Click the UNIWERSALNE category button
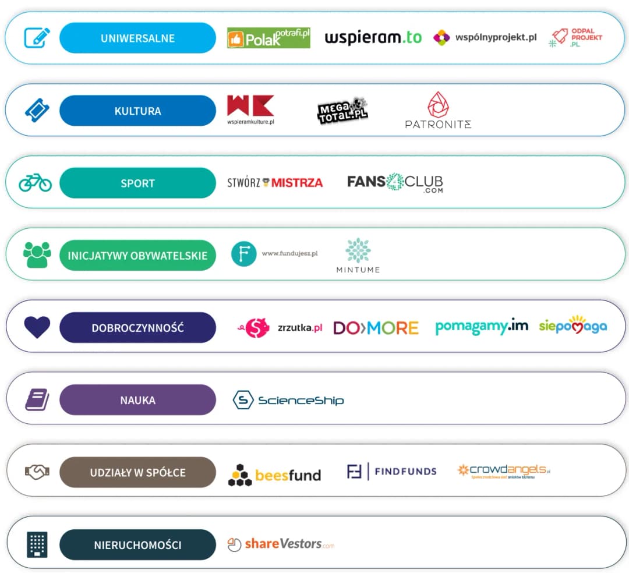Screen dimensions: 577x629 137,38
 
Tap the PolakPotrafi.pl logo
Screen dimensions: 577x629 268,38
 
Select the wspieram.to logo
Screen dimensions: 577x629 373,38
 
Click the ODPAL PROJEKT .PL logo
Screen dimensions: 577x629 577,38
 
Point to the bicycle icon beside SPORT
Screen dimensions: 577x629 36,182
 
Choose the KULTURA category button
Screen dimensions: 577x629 137,111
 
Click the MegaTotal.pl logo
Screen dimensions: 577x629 342,110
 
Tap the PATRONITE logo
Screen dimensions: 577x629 438,110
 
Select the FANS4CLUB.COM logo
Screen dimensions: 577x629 395,183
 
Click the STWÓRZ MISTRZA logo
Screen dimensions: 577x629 275,183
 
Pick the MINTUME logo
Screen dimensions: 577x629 358,255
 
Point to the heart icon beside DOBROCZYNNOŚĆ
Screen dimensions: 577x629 37,327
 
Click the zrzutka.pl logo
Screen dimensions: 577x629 280,328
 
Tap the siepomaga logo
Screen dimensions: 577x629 573,326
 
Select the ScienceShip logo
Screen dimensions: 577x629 288,400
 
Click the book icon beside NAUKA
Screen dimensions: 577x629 37,400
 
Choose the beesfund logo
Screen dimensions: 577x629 274,475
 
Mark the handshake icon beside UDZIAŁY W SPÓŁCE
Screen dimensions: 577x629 37,472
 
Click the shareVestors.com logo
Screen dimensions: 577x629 281,544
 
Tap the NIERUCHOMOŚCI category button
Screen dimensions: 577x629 137,545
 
